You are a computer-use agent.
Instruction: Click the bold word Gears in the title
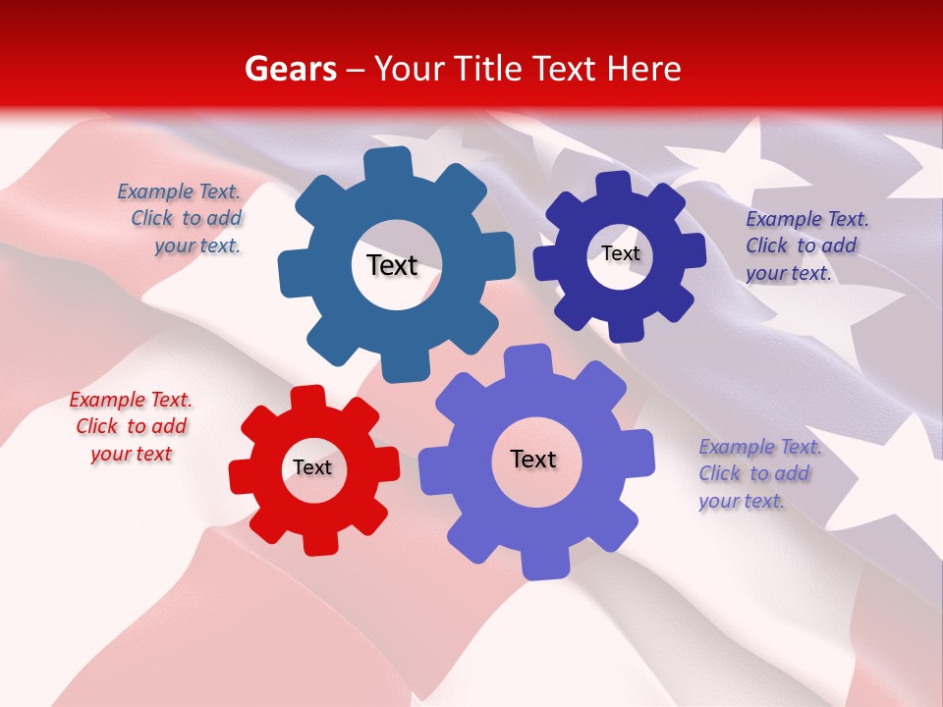pyautogui.click(x=291, y=69)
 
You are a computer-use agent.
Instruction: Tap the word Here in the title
pyautogui.click(x=643, y=69)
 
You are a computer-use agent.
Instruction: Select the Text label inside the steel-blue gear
pyautogui.click(x=392, y=265)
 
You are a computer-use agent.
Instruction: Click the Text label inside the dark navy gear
pyautogui.click(x=620, y=253)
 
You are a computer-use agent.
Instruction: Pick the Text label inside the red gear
pyautogui.click(x=311, y=467)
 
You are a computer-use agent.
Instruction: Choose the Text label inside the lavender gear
pyautogui.click(x=533, y=459)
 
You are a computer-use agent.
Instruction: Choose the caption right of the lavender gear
pyautogui.click(x=756, y=473)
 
